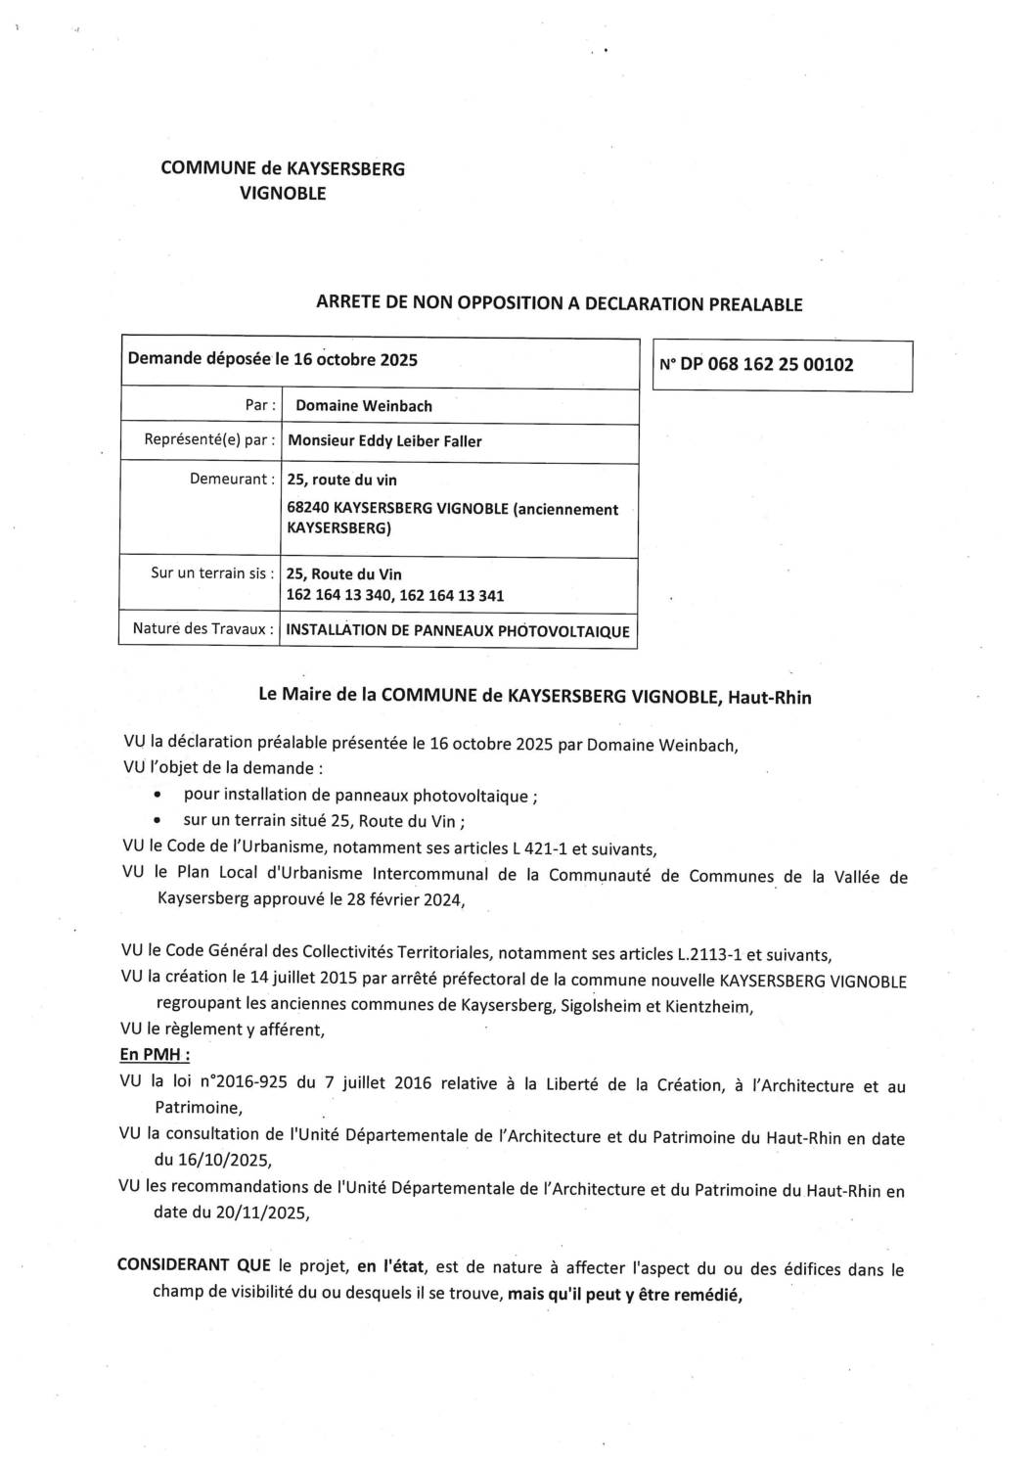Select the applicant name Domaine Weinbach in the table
tap(363, 406)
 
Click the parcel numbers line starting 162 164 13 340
tap(395, 595)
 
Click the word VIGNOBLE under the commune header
tap(283, 193)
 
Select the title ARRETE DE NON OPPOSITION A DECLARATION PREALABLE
tap(559, 303)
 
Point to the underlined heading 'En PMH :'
tap(155, 1055)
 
